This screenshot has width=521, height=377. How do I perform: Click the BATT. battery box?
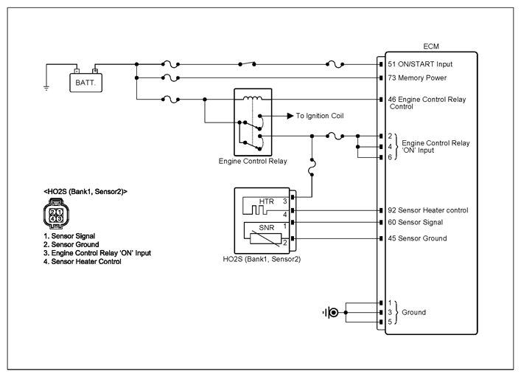tap(85, 83)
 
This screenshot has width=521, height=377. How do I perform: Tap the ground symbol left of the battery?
tap(46, 88)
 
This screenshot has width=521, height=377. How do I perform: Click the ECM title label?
tap(431, 46)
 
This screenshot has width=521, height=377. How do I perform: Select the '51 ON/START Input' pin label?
tap(420, 64)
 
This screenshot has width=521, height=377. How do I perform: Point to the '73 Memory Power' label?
tap(417, 78)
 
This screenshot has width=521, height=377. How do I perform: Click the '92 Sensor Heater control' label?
tap(428, 210)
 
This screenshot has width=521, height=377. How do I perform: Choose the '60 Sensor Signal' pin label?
tap(416, 222)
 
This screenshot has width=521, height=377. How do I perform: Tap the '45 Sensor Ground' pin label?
tap(417, 238)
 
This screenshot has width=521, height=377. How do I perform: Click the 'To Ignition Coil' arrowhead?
tap(290, 116)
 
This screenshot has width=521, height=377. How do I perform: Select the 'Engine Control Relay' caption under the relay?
tap(253, 162)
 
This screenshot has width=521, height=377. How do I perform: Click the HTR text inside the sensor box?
tap(267, 201)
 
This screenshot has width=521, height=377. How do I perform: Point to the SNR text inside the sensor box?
tap(267, 228)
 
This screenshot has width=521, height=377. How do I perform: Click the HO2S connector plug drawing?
tap(56, 214)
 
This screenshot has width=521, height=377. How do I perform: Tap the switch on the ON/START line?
tap(247, 63)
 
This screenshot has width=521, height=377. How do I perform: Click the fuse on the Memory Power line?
tap(170, 78)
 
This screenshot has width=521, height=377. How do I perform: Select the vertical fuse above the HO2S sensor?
tap(312, 167)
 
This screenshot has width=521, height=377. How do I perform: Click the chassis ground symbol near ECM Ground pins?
tap(331, 313)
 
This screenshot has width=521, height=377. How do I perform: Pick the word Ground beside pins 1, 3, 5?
tap(413, 313)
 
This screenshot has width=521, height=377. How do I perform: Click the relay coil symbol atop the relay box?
tap(253, 98)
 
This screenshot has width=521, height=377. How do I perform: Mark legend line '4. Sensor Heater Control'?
tap(83, 262)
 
